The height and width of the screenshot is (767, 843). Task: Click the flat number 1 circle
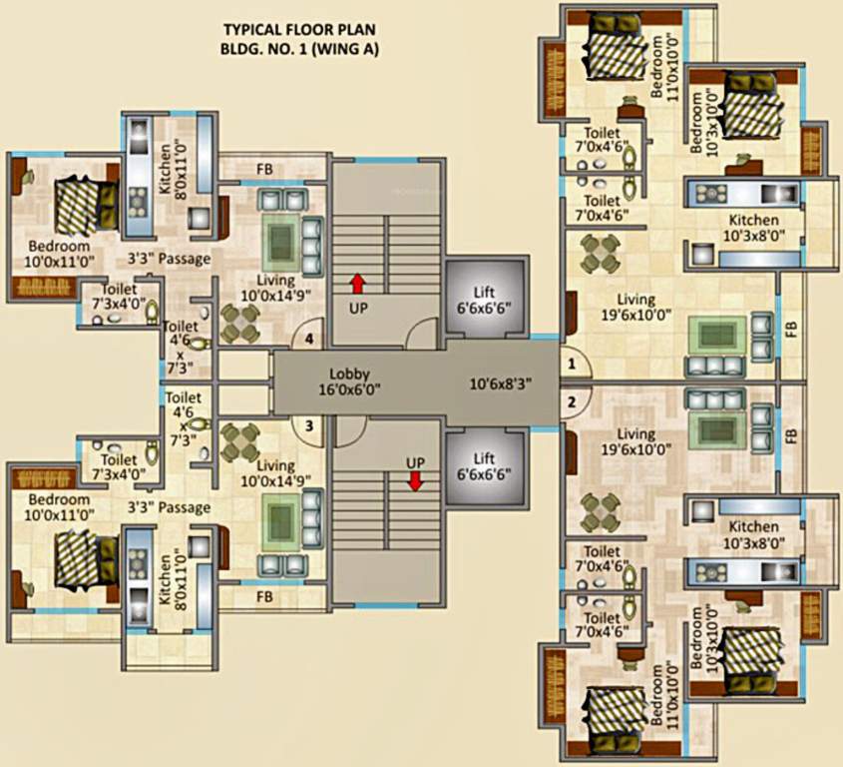pyautogui.click(x=572, y=365)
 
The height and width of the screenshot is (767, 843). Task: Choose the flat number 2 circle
pyautogui.click(x=572, y=402)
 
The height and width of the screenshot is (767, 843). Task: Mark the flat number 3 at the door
pyautogui.click(x=309, y=426)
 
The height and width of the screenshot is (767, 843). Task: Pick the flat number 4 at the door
pyautogui.click(x=309, y=340)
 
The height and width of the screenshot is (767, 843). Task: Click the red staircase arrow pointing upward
pyautogui.click(x=357, y=284)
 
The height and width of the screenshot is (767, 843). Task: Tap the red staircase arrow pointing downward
pyautogui.click(x=415, y=481)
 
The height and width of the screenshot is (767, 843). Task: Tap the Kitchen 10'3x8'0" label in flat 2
pyautogui.click(x=753, y=534)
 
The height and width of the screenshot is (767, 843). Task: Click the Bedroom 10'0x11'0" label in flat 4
pyautogui.click(x=59, y=254)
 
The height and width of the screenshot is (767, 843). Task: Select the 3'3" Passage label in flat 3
pyautogui.click(x=169, y=507)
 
